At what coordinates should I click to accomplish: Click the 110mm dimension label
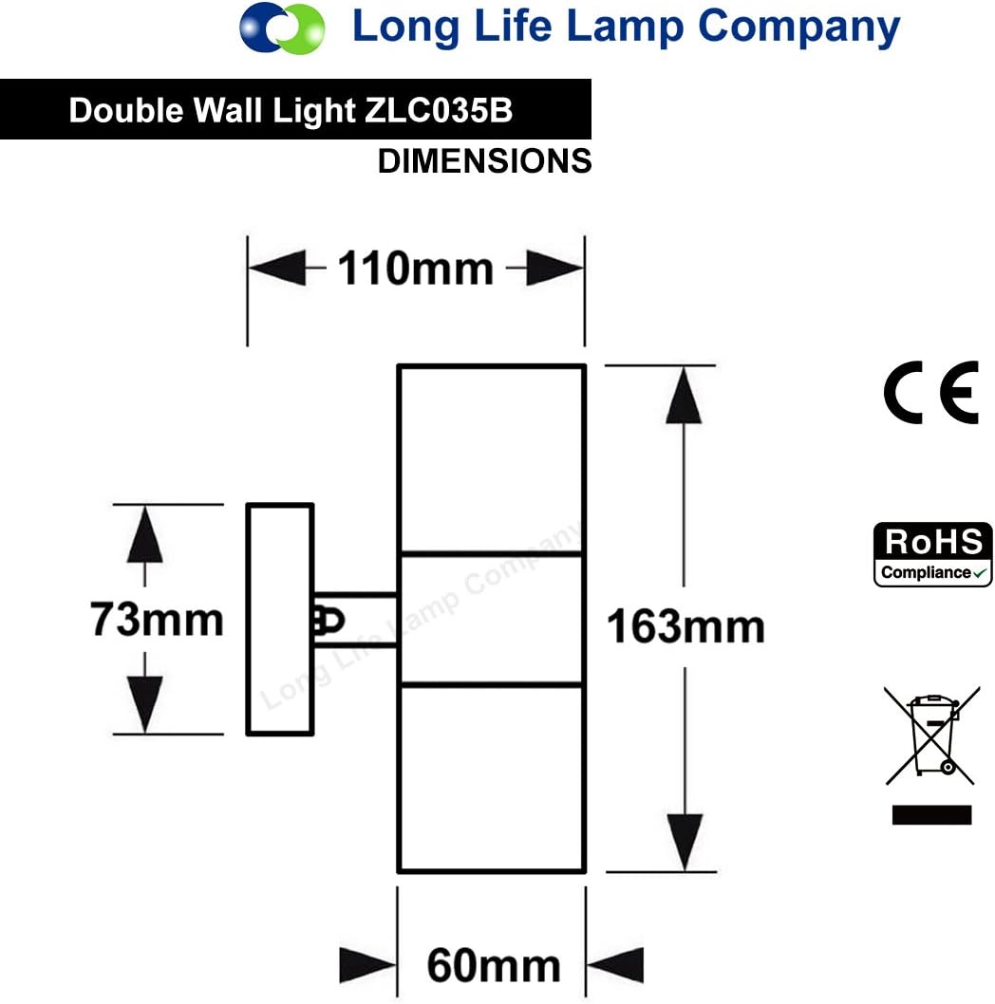point(415,269)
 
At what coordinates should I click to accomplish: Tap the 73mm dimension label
point(157,619)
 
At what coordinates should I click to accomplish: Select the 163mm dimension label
point(685,626)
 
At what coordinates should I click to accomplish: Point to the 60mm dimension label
point(494,965)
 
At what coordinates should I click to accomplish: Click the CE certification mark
point(931,392)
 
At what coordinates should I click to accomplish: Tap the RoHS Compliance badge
point(933,554)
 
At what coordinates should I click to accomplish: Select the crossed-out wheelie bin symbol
point(932,735)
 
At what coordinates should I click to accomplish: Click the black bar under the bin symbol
point(931,814)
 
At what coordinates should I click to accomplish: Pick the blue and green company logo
point(282,28)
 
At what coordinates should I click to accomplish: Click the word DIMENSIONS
point(484,160)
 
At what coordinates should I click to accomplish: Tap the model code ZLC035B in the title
point(439,110)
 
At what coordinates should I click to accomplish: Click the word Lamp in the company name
point(626,28)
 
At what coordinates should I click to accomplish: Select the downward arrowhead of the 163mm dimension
point(685,842)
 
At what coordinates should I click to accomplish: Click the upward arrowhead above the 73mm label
point(145,534)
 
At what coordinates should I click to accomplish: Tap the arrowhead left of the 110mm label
point(277,269)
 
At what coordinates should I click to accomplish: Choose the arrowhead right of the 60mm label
point(615,965)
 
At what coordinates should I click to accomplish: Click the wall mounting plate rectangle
point(280,619)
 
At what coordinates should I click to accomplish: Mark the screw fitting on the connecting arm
point(329,621)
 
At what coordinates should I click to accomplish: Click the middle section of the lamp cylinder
point(492,619)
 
